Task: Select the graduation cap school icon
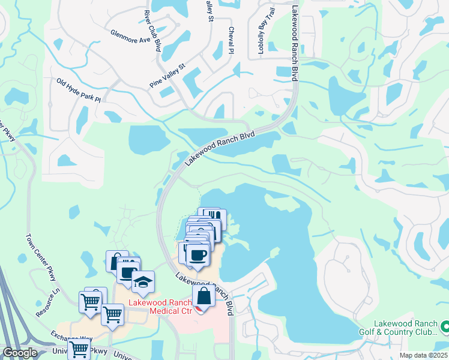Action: pos(143,282)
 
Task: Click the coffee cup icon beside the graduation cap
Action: pos(127,271)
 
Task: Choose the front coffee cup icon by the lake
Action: pos(197,254)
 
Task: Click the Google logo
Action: pos(20,353)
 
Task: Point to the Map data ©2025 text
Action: pos(423,355)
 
